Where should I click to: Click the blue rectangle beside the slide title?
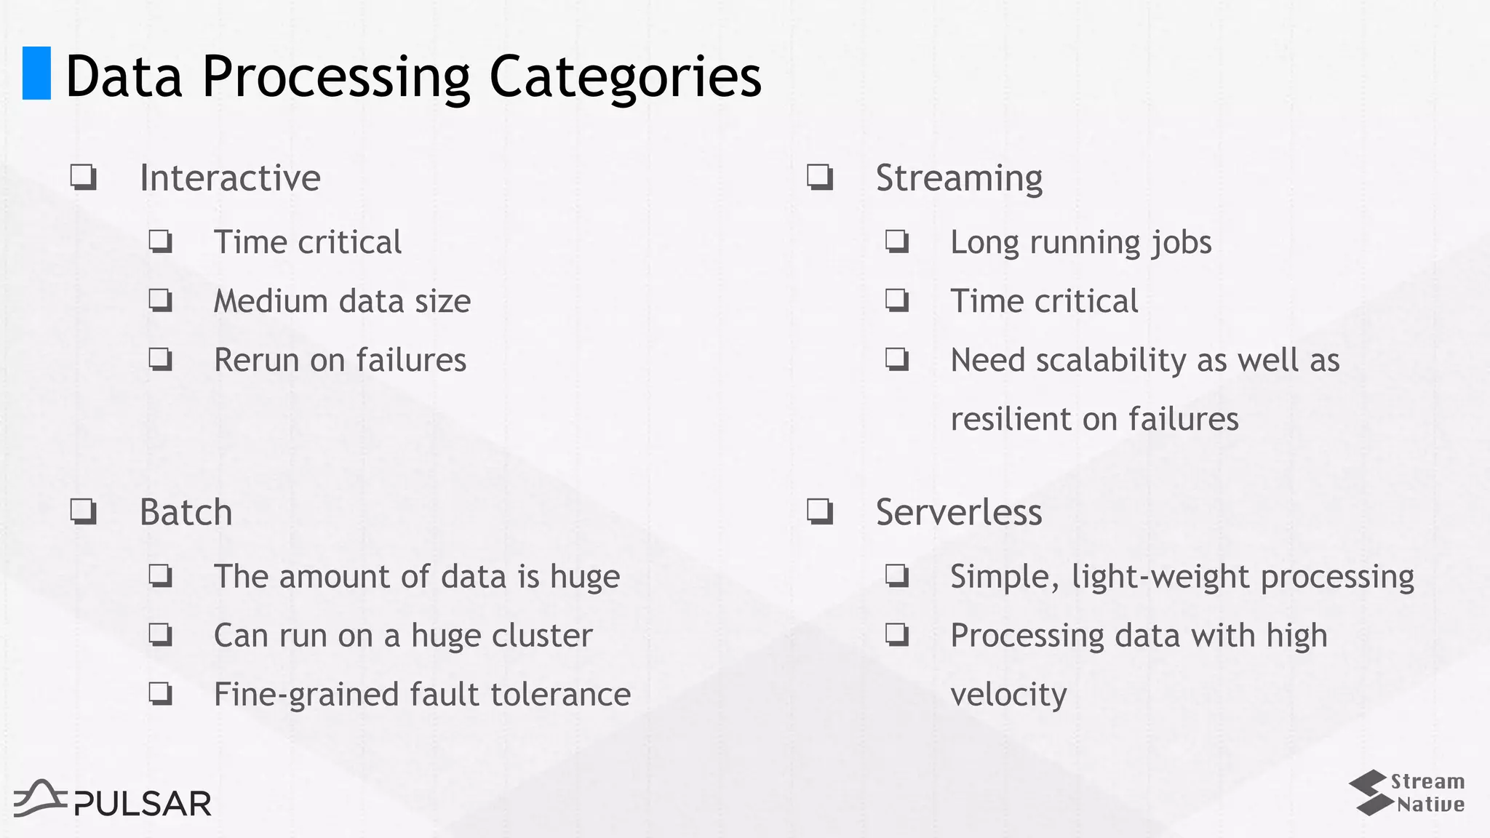36,73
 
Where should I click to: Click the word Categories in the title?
625,76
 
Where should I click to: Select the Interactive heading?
230,178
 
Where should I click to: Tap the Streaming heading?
959,178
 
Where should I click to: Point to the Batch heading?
186,512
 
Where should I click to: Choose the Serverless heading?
959,512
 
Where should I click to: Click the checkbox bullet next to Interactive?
84,177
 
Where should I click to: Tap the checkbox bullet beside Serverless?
820,511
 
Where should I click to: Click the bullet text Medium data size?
342,301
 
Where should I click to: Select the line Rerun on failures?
340,360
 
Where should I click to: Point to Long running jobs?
1081,242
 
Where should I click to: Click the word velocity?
1008,695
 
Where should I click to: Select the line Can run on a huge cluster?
403,636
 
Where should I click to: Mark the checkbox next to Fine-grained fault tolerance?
161,693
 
